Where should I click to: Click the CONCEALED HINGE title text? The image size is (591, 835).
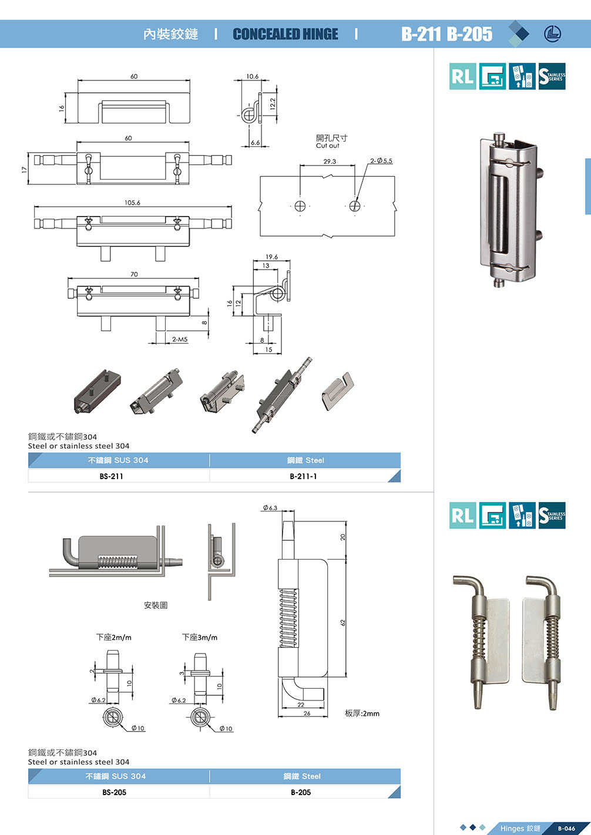tap(286, 34)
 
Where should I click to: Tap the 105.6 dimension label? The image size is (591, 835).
tap(132, 203)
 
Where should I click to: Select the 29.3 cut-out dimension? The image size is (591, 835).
tap(330, 161)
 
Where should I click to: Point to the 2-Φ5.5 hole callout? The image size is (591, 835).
tap(381, 161)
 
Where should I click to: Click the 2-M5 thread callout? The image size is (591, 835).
tap(180, 339)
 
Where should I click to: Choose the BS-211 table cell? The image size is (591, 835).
tap(112, 476)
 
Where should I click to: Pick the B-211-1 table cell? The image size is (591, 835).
tap(303, 476)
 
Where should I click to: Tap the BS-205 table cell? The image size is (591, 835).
tap(114, 792)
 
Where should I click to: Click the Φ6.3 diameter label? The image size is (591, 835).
tap(270, 508)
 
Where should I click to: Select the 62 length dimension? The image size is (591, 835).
tap(342, 622)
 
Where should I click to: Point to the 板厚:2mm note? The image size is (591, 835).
tap(362, 713)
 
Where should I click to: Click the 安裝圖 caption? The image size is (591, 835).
tap(156, 605)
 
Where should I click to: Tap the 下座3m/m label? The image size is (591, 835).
tap(200, 637)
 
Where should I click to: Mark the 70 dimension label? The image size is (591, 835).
tap(134, 274)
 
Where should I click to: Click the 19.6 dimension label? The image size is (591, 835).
tap(271, 257)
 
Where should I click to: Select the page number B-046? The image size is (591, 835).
tap(566, 829)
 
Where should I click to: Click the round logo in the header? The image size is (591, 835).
tap(553, 34)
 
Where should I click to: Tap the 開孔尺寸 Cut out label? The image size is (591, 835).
tap(331, 141)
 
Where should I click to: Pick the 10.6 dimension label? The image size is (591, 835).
tap(252, 76)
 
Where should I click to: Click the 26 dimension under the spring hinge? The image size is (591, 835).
tap(307, 713)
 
